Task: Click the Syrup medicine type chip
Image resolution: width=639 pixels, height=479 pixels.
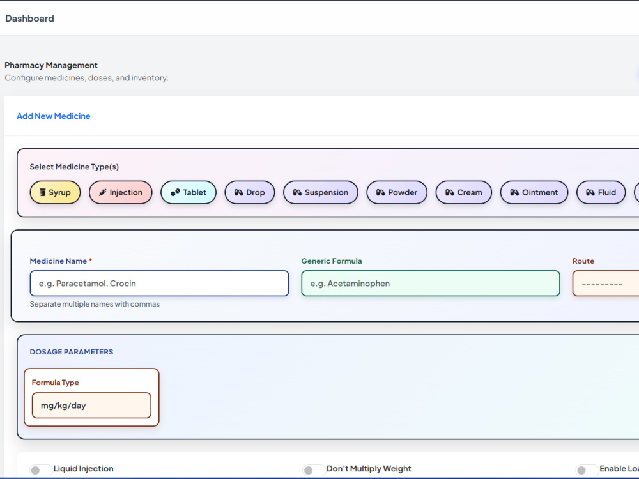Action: tap(55, 192)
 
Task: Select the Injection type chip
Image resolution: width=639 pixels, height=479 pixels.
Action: tap(121, 192)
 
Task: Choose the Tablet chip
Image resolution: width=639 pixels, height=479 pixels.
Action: tap(189, 192)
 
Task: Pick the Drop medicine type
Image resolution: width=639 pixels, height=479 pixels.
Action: tap(250, 192)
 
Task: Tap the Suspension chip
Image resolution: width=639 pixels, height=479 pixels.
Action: tap(321, 192)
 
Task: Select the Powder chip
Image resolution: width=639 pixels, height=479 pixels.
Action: tap(397, 192)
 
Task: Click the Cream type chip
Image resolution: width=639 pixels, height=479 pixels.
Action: tap(464, 192)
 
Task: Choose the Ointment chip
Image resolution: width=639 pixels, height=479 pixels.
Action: tap(534, 192)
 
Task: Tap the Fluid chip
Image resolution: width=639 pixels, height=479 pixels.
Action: tap(601, 192)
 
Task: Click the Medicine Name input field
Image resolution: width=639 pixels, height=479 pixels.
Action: tap(159, 284)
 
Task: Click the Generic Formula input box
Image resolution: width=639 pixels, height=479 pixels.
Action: tap(431, 284)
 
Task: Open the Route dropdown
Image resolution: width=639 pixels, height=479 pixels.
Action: tap(606, 284)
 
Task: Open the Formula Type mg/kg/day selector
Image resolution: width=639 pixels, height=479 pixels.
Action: tap(91, 406)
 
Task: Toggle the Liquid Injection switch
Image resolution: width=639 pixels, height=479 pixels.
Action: tap(41, 470)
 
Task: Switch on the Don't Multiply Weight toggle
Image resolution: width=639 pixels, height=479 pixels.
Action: tap(314, 470)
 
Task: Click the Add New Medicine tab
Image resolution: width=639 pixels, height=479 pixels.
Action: tap(54, 116)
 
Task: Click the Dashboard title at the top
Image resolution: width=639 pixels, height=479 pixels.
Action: tap(30, 19)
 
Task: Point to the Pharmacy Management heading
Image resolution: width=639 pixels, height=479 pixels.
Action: tap(51, 65)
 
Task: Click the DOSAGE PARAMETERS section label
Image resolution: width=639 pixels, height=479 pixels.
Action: tap(72, 352)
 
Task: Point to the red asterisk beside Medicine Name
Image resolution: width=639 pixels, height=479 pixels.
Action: tap(91, 260)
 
